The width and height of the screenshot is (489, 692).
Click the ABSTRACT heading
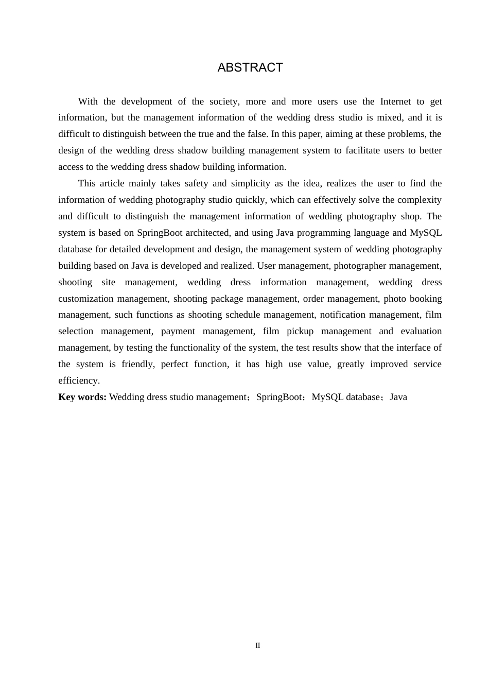pyautogui.click(x=250, y=68)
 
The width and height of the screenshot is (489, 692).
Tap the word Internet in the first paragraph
pyautogui.click(x=395, y=101)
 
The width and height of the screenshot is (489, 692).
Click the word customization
pyautogui.click(x=86, y=299)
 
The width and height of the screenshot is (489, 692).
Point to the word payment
pyautogui.click(x=178, y=331)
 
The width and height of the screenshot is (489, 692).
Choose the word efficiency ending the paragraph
pyautogui.click(x=79, y=380)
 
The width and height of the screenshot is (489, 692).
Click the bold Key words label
pyautogui.click(x=82, y=397)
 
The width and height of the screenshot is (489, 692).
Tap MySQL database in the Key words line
pyautogui.click(x=346, y=397)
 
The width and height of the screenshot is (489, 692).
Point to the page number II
pyautogui.click(x=258, y=645)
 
